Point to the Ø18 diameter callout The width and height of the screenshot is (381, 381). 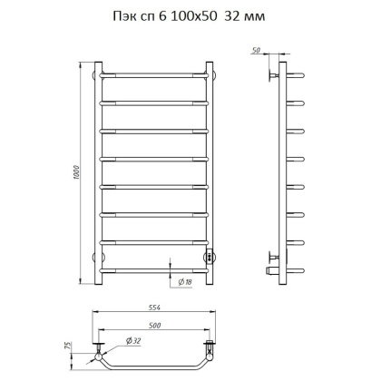(x=185, y=282)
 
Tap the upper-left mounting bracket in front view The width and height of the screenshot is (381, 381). (x=96, y=72)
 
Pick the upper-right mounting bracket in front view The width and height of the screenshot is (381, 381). (x=214, y=72)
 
